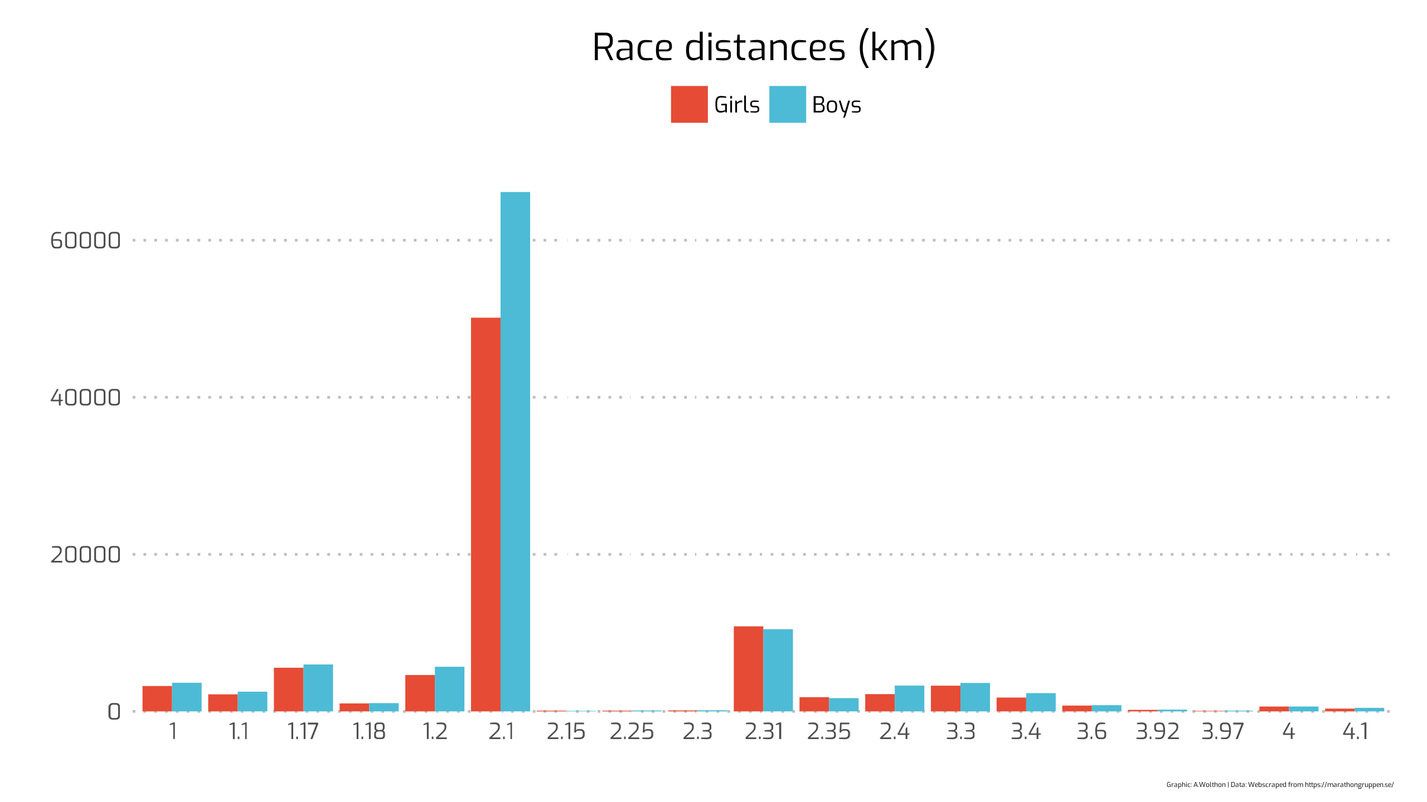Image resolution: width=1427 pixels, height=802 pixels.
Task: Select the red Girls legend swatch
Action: click(689, 104)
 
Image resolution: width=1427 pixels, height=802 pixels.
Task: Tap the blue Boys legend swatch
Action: click(787, 104)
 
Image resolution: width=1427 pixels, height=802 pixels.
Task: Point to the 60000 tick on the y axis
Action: click(85, 241)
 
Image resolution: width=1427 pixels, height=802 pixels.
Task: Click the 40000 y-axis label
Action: click(85, 398)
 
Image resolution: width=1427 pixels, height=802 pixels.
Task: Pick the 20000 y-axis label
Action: click(85, 555)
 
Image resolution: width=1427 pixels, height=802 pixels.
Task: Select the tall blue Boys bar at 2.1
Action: click(515, 451)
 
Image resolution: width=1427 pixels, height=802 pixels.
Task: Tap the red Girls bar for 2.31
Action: click(748, 668)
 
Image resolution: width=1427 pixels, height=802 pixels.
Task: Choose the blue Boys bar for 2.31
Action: click(778, 670)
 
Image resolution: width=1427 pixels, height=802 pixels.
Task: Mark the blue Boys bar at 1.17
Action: click(318, 688)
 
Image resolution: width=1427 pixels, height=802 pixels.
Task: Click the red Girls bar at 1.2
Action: click(420, 693)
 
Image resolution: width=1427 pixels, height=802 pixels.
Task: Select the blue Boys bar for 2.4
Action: click(909, 698)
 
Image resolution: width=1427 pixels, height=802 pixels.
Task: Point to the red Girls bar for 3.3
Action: click(945, 698)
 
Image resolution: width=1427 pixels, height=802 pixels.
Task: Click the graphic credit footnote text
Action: click(1279, 785)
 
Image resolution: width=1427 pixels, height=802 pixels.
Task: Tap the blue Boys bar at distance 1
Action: click(187, 697)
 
